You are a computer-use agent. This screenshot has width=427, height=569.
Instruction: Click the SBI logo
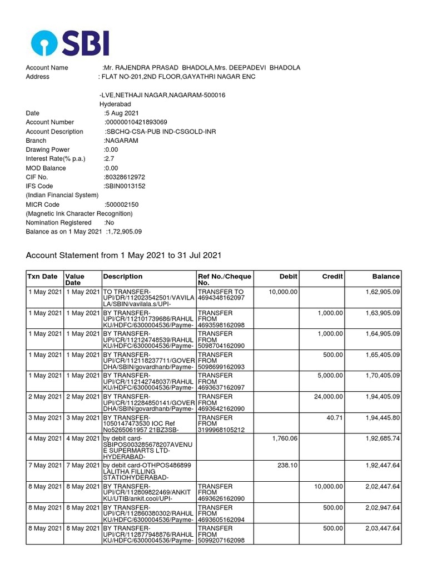(x=70, y=42)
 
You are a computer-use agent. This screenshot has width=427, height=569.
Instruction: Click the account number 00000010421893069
(x=136, y=122)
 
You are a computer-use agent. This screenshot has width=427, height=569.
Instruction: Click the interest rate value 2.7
(x=108, y=159)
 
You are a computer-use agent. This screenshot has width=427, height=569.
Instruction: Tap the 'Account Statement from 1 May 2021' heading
(x=124, y=256)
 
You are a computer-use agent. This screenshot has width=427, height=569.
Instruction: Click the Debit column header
(x=288, y=277)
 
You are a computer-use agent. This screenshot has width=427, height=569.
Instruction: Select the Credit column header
(x=332, y=277)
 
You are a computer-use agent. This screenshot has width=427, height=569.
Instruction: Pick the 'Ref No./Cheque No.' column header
(x=225, y=279)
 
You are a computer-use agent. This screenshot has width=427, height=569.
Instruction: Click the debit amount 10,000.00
(x=283, y=292)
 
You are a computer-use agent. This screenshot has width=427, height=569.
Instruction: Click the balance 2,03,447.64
(x=383, y=528)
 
